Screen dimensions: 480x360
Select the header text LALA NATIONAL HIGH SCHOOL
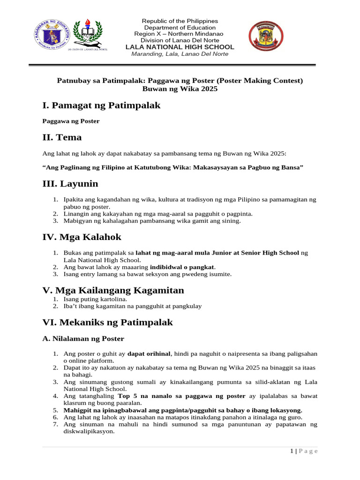(180, 47)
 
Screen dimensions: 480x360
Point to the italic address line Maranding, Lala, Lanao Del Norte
(180, 54)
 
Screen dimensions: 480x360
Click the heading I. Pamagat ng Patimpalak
(101, 105)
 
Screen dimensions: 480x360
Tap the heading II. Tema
(62, 137)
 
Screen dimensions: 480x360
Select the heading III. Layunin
(70, 184)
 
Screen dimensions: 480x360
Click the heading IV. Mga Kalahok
(82, 237)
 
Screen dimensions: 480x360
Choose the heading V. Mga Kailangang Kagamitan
(113, 290)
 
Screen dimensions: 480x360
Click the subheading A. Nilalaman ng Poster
(83, 338)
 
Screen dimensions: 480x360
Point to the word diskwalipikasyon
(89, 432)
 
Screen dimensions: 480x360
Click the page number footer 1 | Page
(304, 451)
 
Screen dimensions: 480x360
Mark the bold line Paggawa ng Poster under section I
(71, 121)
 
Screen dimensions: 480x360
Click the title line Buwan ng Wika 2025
(180, 89)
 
